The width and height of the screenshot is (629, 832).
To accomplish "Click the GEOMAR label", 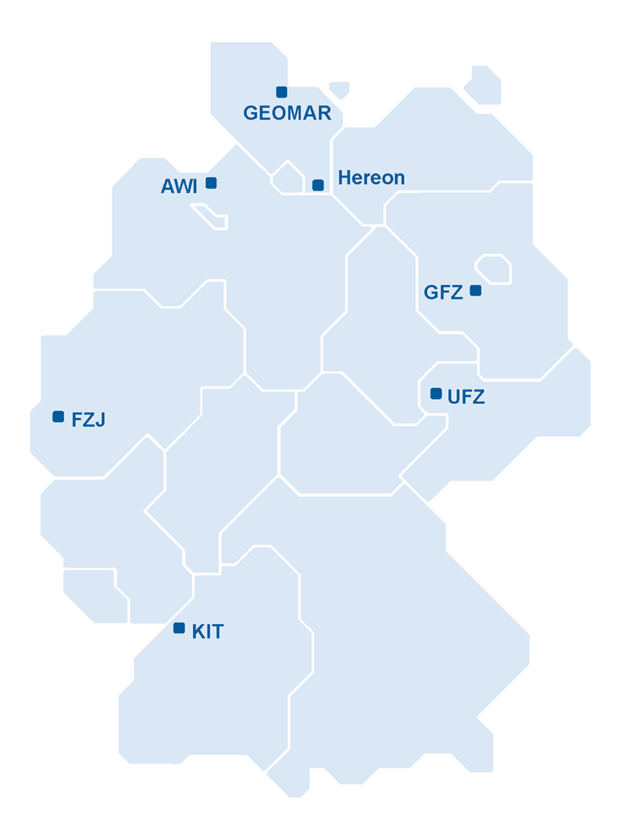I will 287,113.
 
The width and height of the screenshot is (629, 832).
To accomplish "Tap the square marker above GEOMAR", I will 281,92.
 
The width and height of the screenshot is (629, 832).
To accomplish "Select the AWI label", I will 179,186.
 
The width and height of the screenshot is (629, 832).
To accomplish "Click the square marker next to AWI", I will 211,183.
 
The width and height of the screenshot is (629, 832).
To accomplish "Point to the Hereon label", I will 371,178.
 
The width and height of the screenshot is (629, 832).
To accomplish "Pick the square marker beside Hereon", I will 318,185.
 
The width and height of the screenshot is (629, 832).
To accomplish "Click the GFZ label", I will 443,293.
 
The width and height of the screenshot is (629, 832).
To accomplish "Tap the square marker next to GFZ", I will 475,290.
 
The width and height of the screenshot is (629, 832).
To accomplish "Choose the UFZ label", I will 466,397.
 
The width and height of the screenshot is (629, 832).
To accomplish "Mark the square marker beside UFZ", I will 436,394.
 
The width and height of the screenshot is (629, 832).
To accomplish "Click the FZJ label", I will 88,420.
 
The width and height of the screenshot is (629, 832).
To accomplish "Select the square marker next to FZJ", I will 58,417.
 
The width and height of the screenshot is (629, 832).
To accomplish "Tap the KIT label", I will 208,632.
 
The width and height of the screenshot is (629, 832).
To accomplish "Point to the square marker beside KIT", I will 179,628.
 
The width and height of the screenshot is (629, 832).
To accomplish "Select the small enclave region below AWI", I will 211,217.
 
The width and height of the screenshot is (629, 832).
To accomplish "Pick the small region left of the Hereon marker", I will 287,178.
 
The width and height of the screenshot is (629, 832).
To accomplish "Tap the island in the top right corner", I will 484,85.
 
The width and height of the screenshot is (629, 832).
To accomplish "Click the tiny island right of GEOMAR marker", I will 340,89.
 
